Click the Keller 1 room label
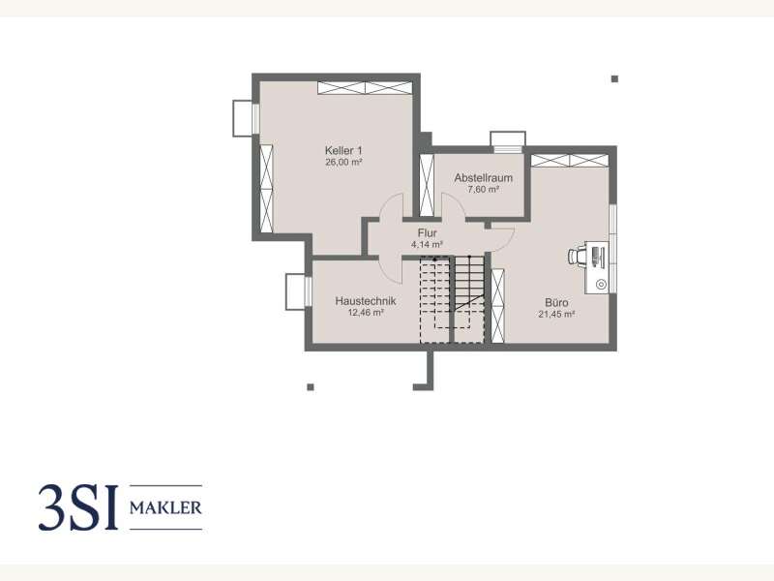(x=343, y=150)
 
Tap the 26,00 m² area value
(x=343, y=162)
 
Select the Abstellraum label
(x=483, y=178)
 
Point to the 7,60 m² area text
(x=483, y=189)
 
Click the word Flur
(x=427, y=232)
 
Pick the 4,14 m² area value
(x=427, y=244)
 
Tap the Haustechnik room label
(x=366, y=301)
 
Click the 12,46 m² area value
(x=366, y=312)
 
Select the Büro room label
(x=556, y=302)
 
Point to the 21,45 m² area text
(x=556, y=314)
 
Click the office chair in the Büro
(x=576, y=256)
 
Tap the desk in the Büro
(x=597, y=267)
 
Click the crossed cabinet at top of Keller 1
(x=365, y=88)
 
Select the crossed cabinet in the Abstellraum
(x=427, y=185)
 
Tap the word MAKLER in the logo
(x=165, y=507)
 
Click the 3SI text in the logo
(x=79, y=507)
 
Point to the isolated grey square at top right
(x=614, y=79)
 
